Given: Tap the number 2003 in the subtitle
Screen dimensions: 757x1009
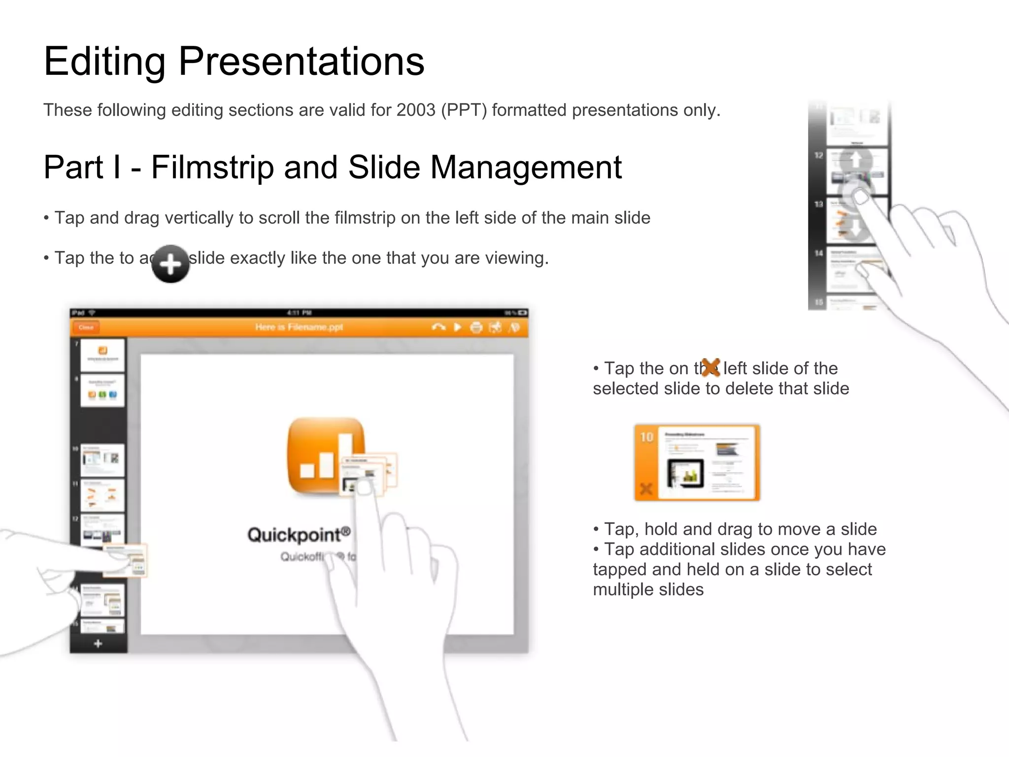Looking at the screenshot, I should pyautogui.click(x=416, y=110).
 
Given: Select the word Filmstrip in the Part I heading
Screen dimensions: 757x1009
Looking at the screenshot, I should pyautogui.click(x=212, y=167).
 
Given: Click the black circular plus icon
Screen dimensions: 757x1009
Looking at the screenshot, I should pyautogui.click(x=170, y=264).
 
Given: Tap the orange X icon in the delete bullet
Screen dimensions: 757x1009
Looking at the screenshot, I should pyautogui.click(x=710, y=367).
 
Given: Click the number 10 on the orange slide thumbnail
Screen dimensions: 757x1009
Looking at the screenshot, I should pyautogui.click(x=646, y=437).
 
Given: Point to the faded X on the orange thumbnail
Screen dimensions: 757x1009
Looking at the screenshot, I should pyautogui.click(x=645, y=489).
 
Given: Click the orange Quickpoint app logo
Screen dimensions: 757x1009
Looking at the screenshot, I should pyautogui.click(x=326, y=456).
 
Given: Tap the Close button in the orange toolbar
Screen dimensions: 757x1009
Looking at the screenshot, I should pyautogui.click(x=86, y=327).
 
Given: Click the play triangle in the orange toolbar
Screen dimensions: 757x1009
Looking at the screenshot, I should pyautogui.click(x=457, y=327).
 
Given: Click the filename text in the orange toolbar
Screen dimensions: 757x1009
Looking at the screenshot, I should pyautogui.click(x=299, y=327).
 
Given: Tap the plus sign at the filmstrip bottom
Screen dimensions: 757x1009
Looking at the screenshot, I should pyautogui.click(x=98, y=644).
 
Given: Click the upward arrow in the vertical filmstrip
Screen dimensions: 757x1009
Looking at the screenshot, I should pyautogui.click(x=856, y=159).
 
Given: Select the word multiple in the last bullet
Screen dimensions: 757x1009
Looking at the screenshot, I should pyautogui.click(x=623, y=589).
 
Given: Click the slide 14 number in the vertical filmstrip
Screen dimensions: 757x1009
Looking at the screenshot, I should pyautogui.click(x=818, y=253).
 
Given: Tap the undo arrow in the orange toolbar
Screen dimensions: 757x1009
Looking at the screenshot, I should pyautogui.click(x=438, y=327).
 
